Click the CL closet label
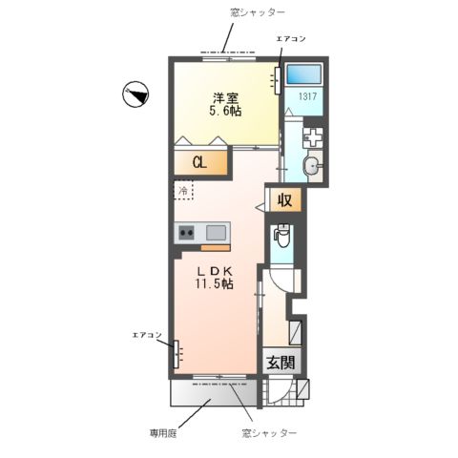pyautogui.click(x=199, y=162)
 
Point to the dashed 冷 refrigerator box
pyautogui.click(x=183, y=191)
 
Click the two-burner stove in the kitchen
pyautogui.click(x=185, y=232)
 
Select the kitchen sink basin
pyautogui.click(x=216, y=232)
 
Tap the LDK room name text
pyautogui.click(x=217, y=270)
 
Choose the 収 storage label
pyautogui.click(x=283, y=200)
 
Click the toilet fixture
pyautogui.click(x=282, y=237)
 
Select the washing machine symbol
pyautogui.click(x=313, y=136)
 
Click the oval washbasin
pyautogui.click(x=311, y=168)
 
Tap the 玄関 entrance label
pyautogui.click(x=280, y=363)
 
